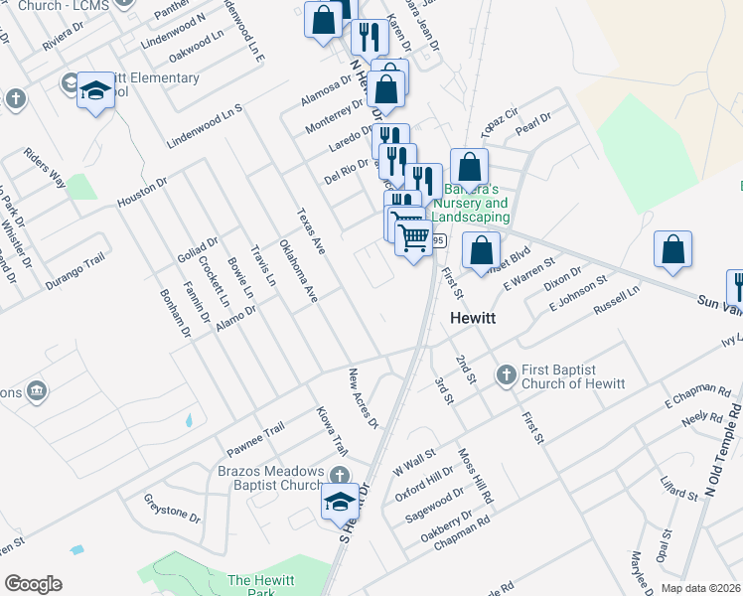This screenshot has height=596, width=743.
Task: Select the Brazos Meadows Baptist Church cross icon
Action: pos(341,476)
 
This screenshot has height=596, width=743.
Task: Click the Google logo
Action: pos(33,584)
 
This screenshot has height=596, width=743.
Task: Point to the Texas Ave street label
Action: pos(311,231)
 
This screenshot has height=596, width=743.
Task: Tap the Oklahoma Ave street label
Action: pos(298,270)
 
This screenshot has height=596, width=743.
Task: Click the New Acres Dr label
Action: pos(363,398)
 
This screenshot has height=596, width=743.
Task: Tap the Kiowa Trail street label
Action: pos(332,429)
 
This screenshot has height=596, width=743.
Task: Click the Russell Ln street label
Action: pos(617,301)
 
